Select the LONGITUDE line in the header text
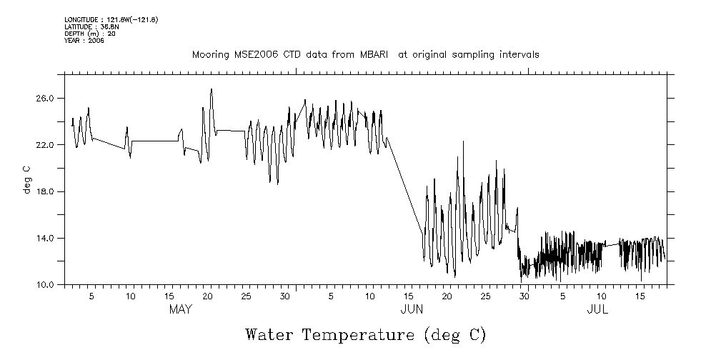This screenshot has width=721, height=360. click(111, 19)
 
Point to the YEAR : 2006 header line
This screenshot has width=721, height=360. click(84, 41)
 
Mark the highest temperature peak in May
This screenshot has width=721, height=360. click(212, 90)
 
